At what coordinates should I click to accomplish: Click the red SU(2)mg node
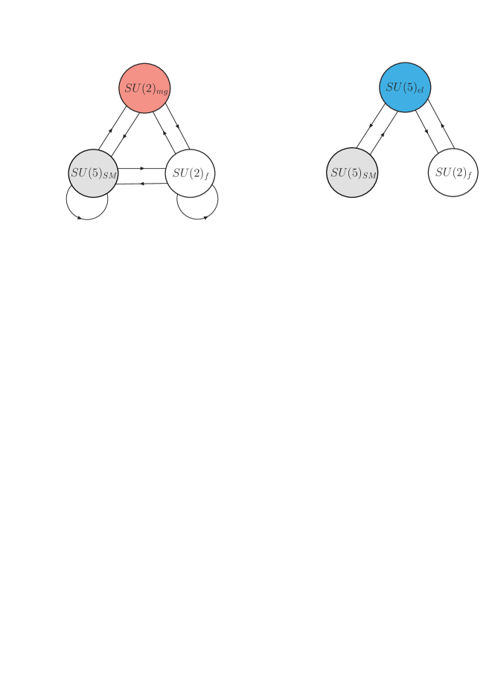[145, 88]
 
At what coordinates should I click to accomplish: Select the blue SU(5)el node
[405, 87]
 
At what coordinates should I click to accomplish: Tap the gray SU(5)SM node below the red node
[93, 173]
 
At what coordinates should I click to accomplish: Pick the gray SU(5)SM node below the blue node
[353, 173]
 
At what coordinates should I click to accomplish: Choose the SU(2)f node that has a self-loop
[191, 173]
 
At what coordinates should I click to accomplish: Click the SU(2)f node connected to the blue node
[453, 173]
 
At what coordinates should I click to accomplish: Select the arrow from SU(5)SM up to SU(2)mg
[110, 131]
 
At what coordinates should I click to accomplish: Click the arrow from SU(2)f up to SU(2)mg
[164, 134]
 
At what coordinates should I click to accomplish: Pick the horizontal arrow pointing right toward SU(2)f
[141, 169]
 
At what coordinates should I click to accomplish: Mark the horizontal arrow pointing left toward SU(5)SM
[141, 183]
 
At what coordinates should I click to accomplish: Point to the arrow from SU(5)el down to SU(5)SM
[369, 130]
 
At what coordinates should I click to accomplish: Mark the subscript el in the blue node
[421, 91]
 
